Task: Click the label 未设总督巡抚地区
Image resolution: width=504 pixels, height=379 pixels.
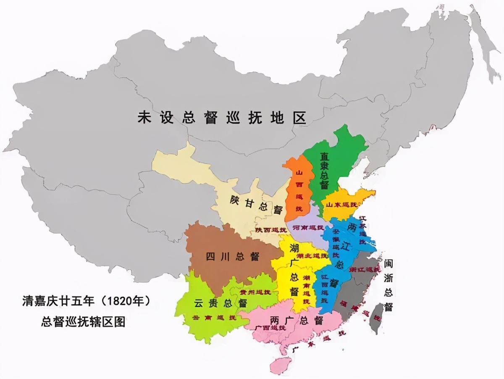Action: pos(222,118)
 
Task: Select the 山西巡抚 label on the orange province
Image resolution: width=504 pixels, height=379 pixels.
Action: pos(299,190)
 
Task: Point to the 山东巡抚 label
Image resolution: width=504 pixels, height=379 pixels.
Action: pos(341,205)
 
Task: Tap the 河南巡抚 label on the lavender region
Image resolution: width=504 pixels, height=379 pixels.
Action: pos(308,227)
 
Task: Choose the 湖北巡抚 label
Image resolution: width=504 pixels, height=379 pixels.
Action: pos(313,255)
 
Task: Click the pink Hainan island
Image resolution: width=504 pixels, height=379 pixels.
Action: pos(281,365)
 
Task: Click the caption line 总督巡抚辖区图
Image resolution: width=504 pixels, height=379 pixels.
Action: pos(83,322)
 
